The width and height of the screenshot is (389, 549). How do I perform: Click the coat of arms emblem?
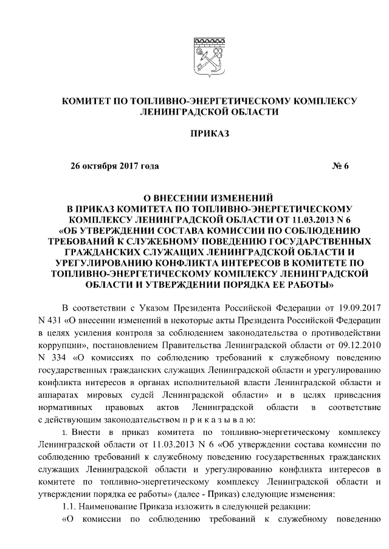(x=209, y=56)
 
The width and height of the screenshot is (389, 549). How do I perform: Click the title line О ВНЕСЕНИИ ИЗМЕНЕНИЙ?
(x=210, y=198)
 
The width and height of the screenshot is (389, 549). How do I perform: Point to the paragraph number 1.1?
(x=71, y=508)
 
